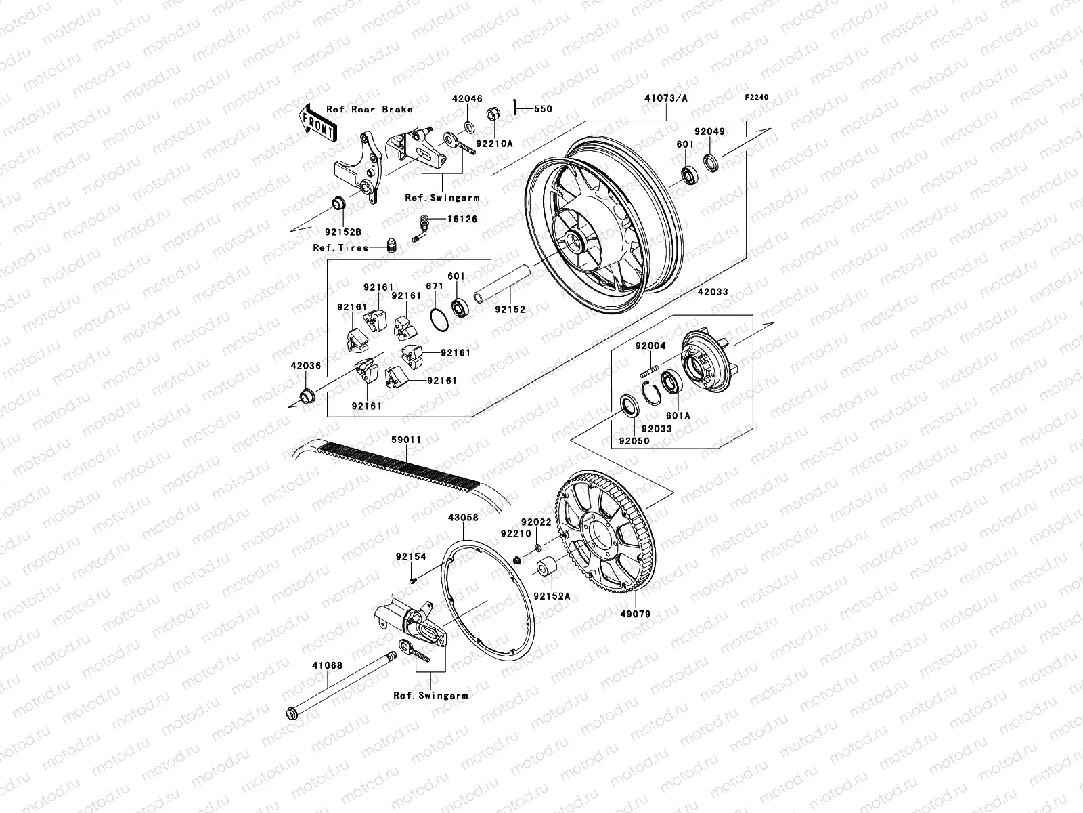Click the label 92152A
click(552, 597)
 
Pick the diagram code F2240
click(757, 98)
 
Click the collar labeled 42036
click(308, 394)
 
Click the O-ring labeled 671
click(439, 318)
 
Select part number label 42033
click(711, 293)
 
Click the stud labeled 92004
click(648, 370)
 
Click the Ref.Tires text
click(340, 247)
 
